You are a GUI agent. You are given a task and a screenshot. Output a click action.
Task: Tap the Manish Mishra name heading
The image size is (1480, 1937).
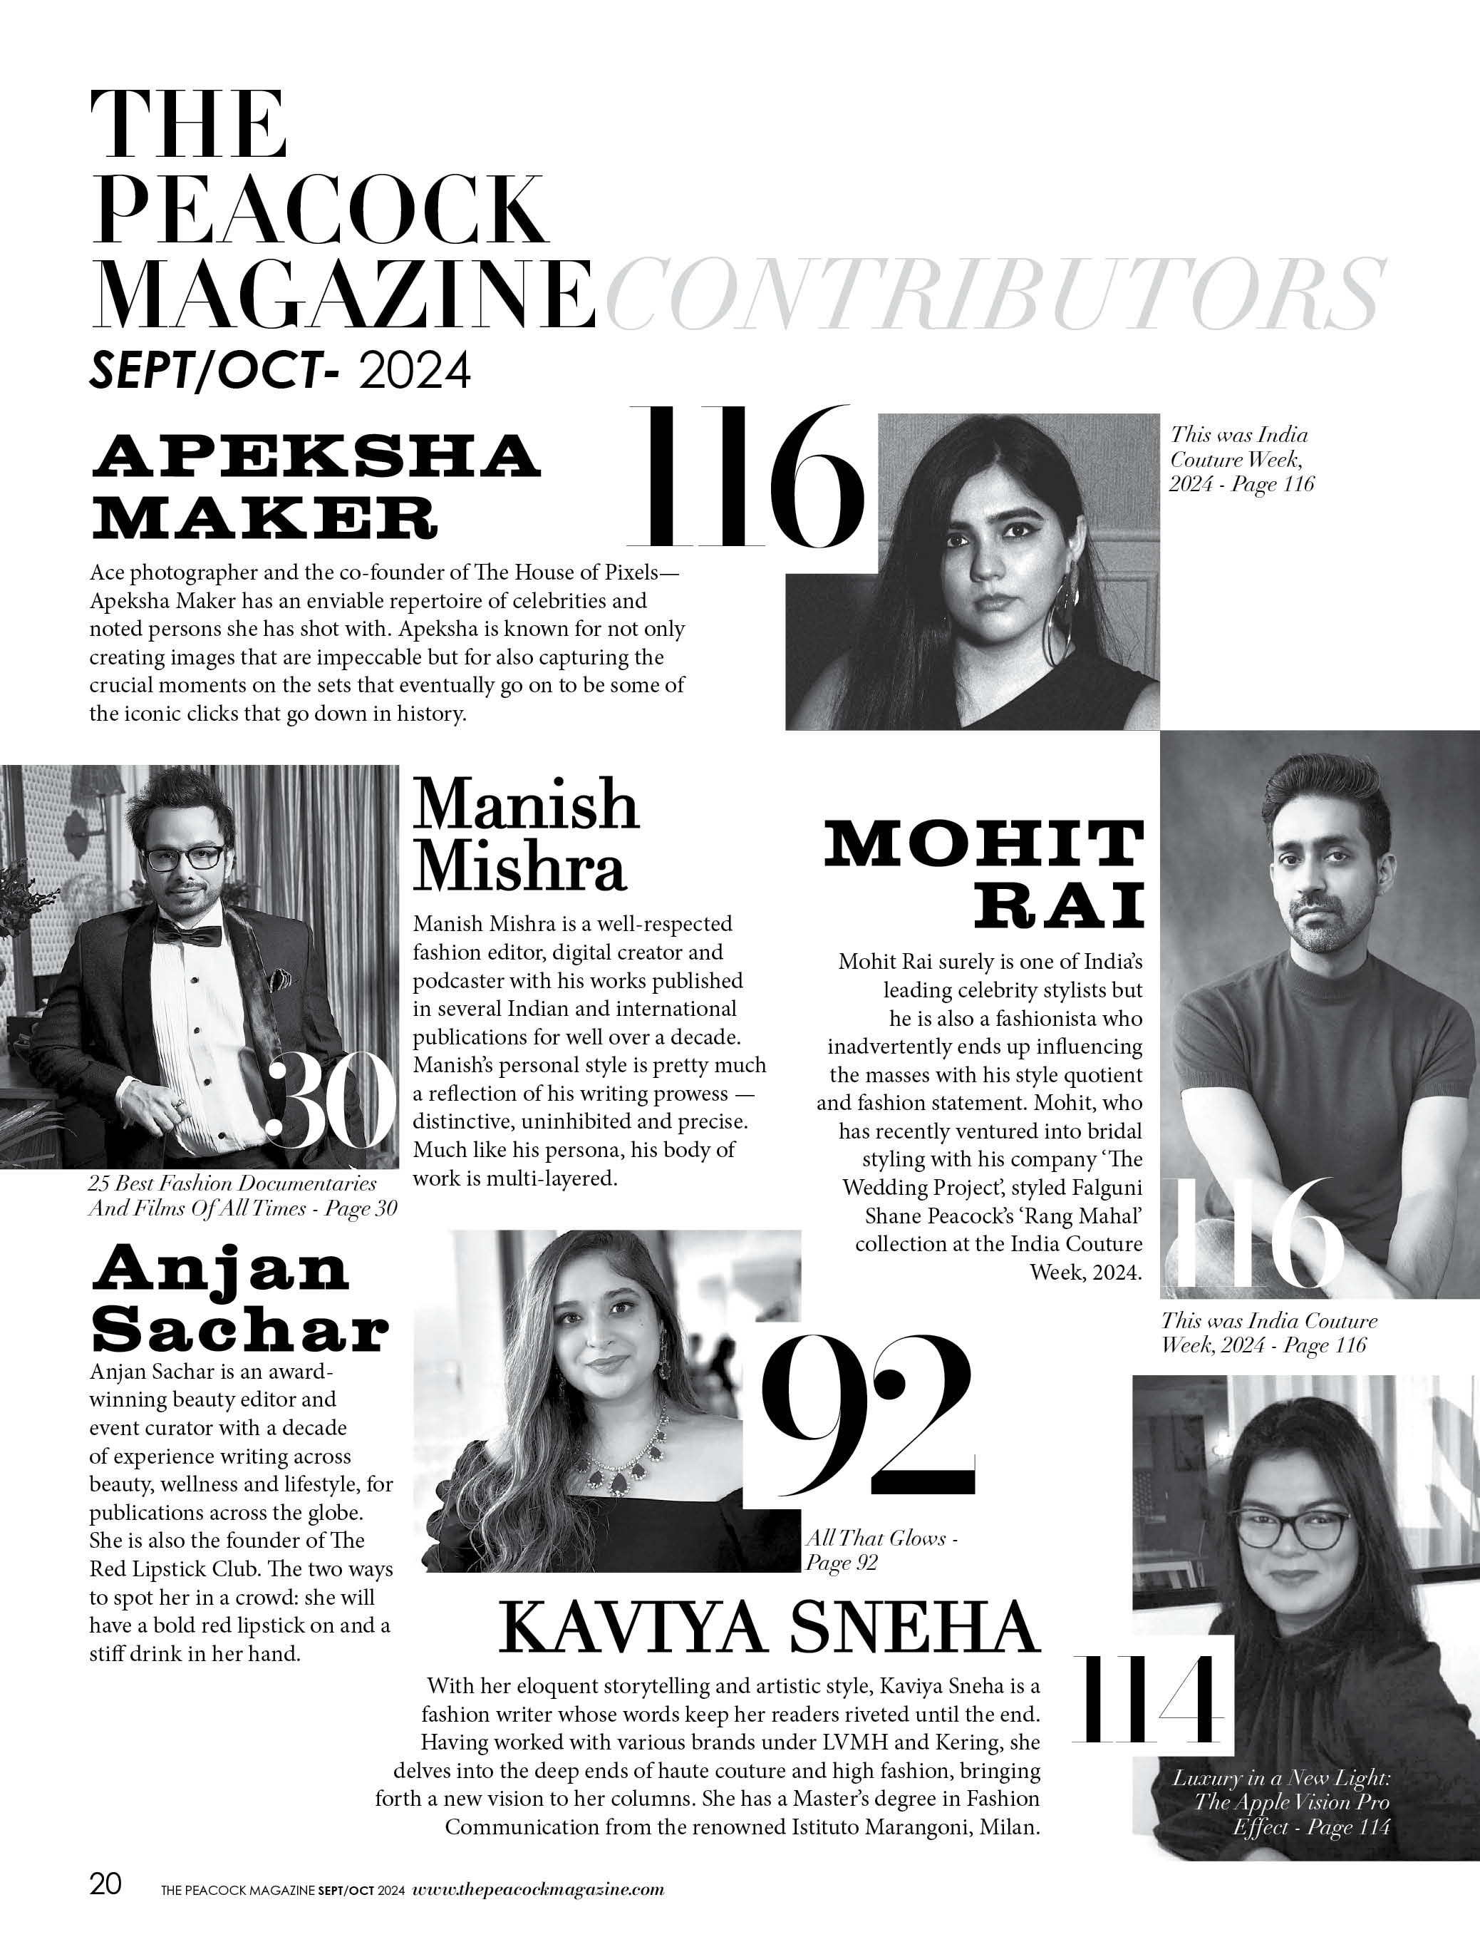coord(526,833)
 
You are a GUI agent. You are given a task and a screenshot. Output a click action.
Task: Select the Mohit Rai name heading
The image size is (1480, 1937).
coord(984,873)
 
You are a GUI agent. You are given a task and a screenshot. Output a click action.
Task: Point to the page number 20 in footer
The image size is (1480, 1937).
coord(105,1884)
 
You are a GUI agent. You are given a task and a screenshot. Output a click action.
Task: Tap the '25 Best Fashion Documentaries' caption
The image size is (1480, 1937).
coord(242,1195)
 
